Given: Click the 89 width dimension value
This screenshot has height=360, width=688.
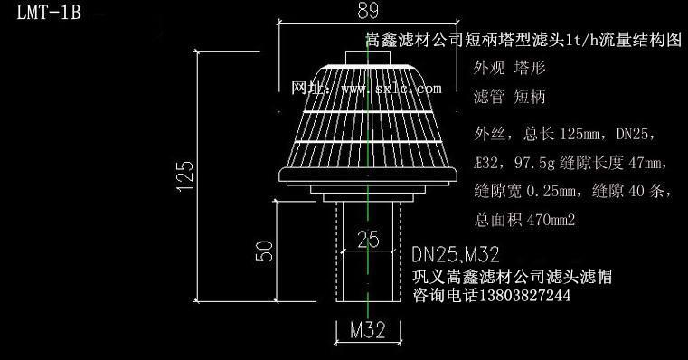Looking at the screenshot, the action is [367, 12].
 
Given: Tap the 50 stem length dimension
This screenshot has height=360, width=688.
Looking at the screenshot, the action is [264, 251].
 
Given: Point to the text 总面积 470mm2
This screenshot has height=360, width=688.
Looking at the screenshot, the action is [524, 219].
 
